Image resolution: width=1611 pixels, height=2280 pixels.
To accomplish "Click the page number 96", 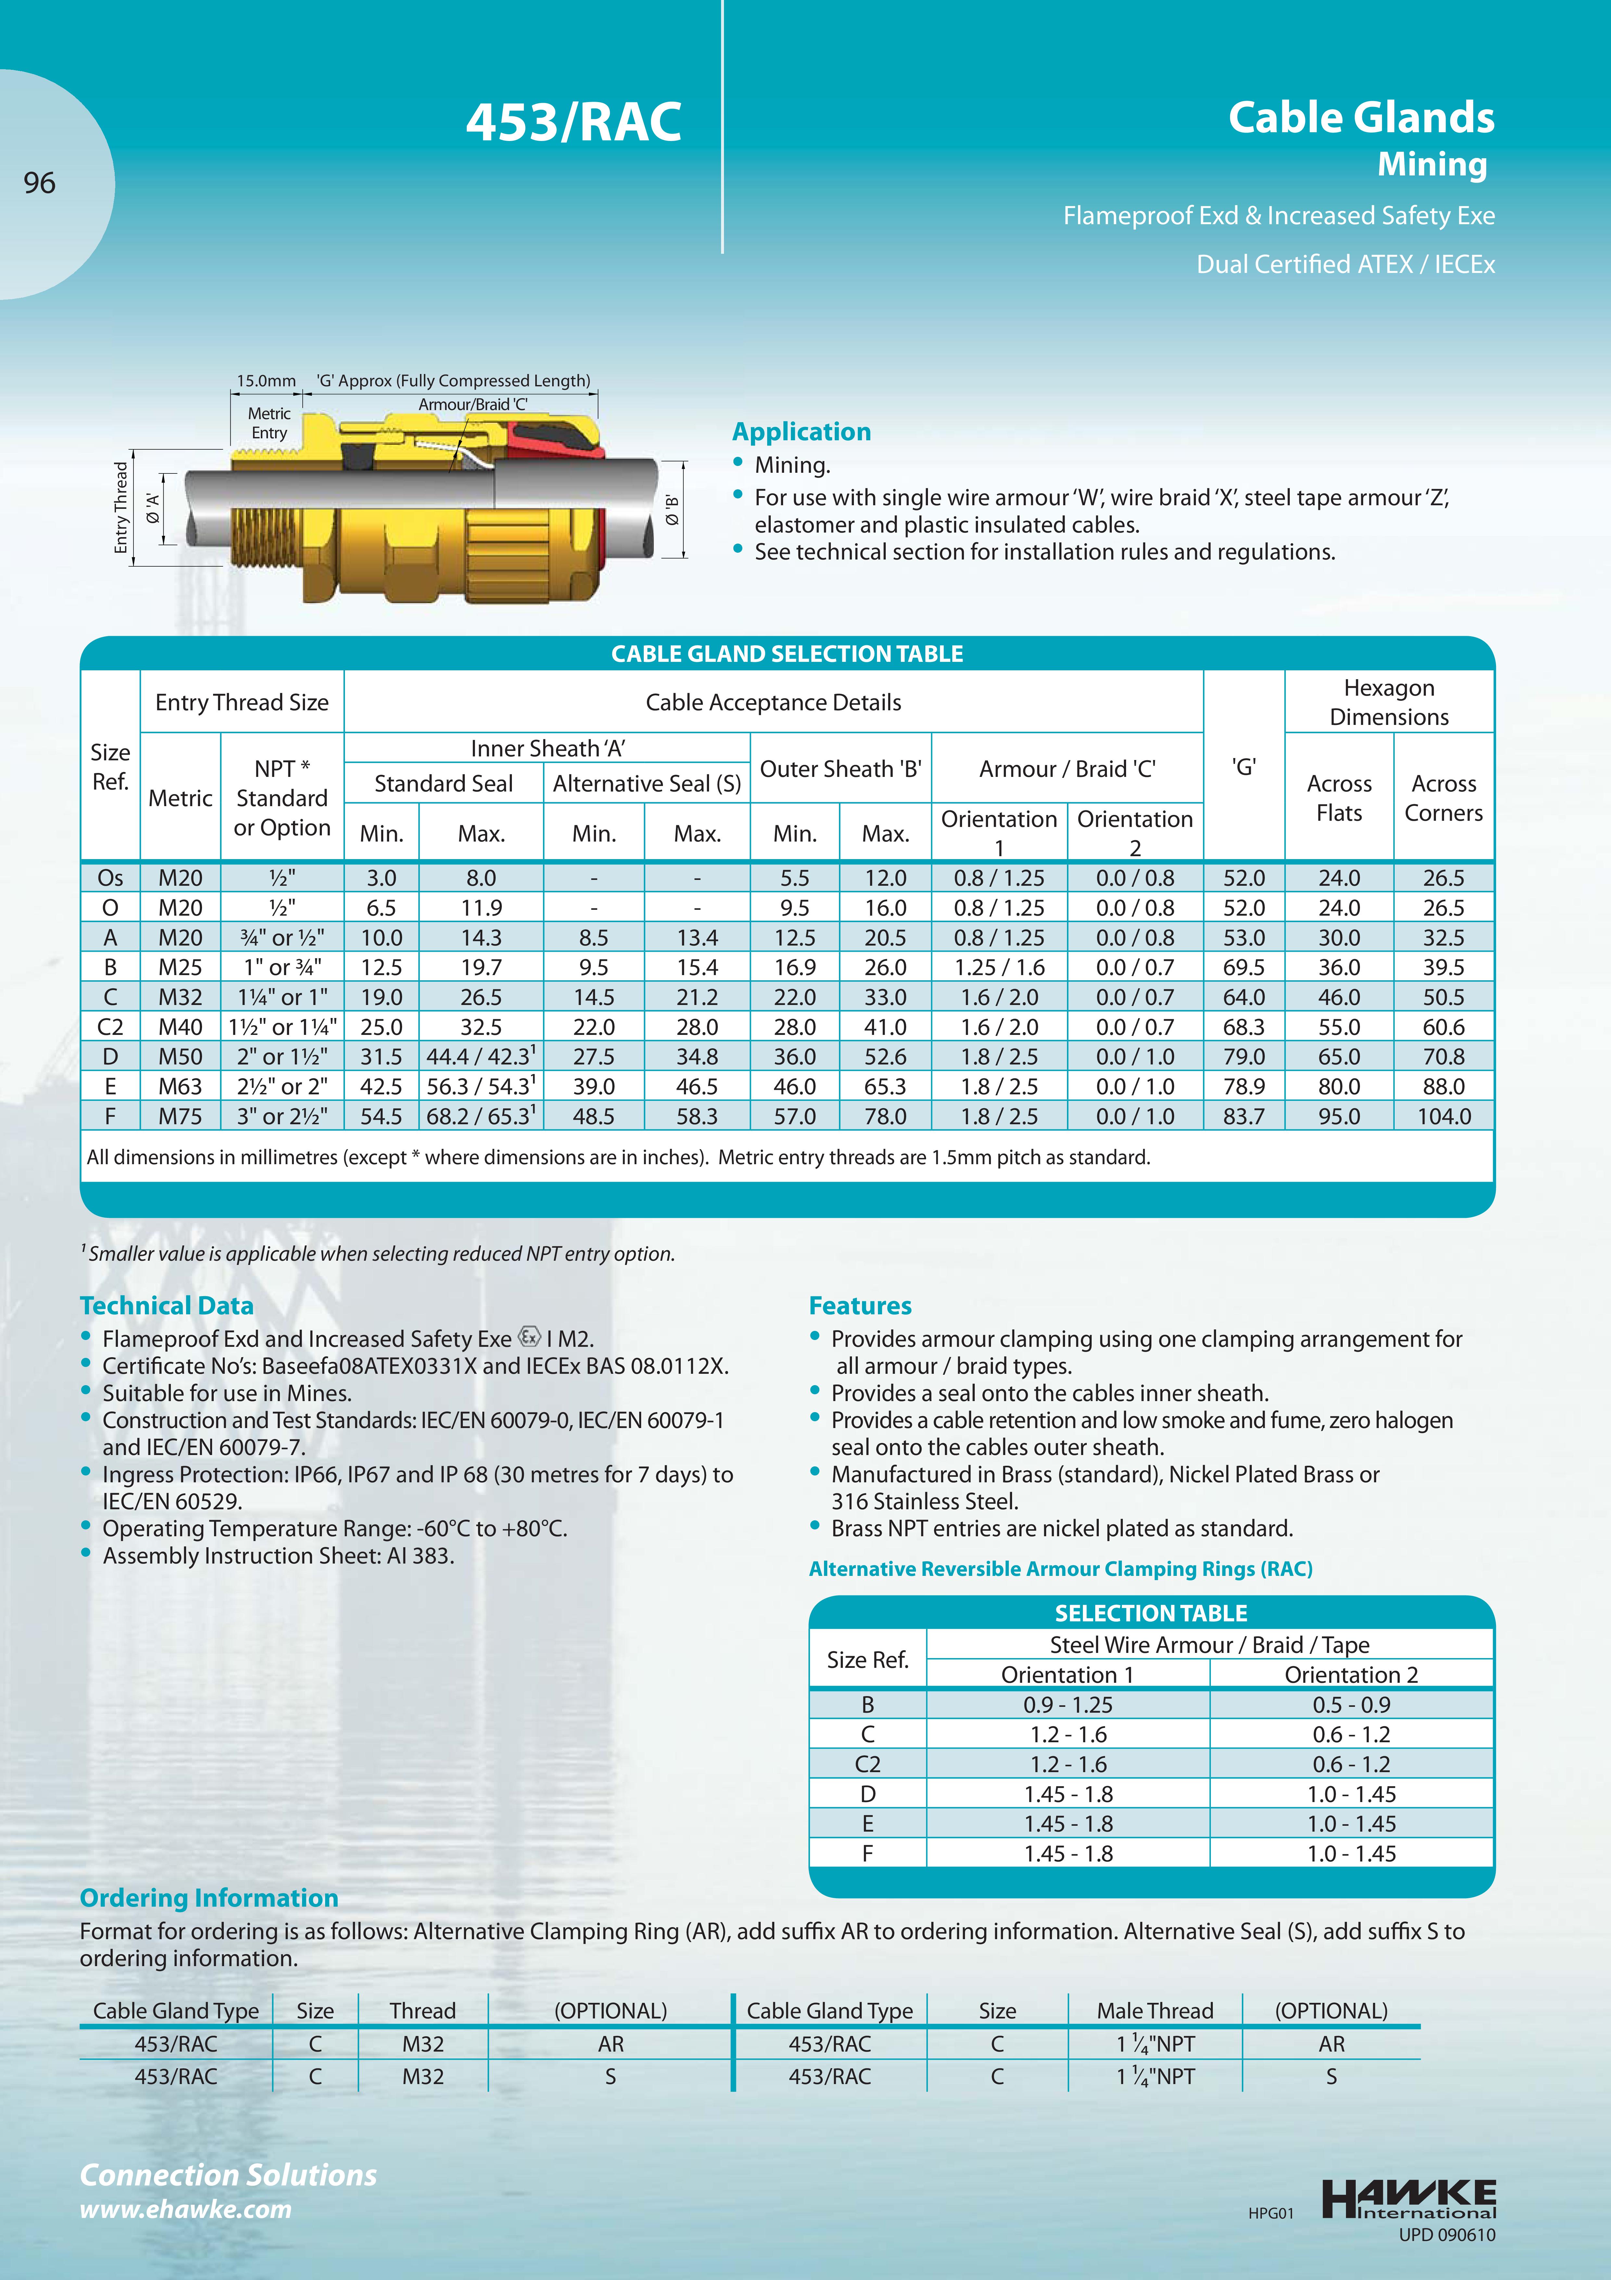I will click(40, 183).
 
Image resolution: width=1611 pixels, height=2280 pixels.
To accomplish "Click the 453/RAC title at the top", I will click(574, 122).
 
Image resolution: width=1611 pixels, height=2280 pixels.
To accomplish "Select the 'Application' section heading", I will click(801, 432).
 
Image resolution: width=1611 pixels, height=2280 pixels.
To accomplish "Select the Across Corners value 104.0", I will click(1443, 1116).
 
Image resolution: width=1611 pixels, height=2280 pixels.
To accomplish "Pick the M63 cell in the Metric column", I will click(181, 1086).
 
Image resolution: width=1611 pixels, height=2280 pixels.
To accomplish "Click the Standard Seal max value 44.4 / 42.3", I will click(480, 1057).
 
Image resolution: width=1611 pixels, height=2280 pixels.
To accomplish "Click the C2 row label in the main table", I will click(110, 1027).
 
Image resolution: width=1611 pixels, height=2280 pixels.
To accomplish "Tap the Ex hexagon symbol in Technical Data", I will click(529, 1337).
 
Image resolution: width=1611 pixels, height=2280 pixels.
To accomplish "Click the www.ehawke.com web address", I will click(185, 2209).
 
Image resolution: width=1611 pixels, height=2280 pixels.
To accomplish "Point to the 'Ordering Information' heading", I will click(209, 1898).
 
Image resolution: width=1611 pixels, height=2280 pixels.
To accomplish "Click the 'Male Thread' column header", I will click(1154, 2011).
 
